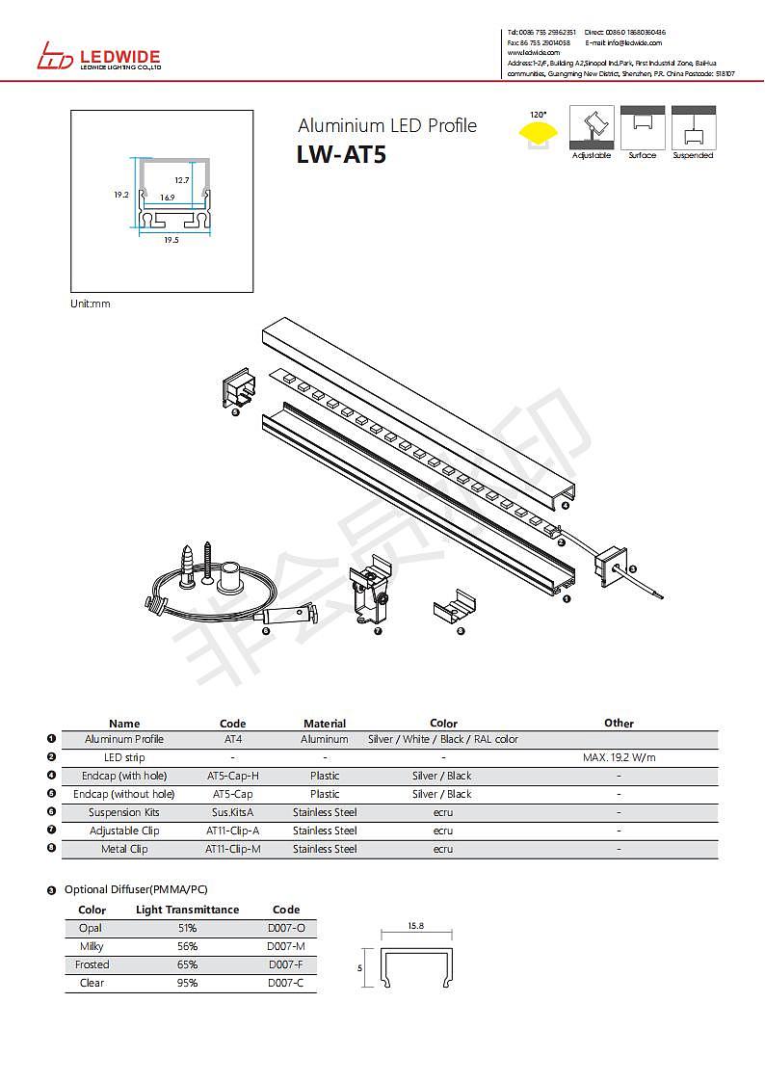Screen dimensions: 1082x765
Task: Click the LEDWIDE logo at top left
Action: point(98,57)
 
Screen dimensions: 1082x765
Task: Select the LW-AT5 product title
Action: point(342,154)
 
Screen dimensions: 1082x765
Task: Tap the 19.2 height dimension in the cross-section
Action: point(121,195)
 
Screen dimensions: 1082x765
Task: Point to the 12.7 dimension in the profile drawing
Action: point(182,180)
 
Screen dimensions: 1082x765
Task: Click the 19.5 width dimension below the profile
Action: point(171,240)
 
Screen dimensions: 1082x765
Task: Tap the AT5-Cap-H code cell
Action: point(233,776)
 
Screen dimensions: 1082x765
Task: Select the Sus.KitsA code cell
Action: point(233,812)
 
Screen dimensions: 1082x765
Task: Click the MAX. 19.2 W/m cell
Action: point(620,757)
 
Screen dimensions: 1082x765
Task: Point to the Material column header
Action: point(325,724)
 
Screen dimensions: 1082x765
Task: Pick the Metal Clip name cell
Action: point(124,849)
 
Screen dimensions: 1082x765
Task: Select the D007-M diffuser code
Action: point(286,946)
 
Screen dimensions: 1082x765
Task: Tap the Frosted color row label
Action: point(92,964)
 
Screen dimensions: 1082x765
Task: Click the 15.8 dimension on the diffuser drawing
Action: point(416,926)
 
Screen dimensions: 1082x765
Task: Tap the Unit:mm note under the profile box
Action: point(91,303)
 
